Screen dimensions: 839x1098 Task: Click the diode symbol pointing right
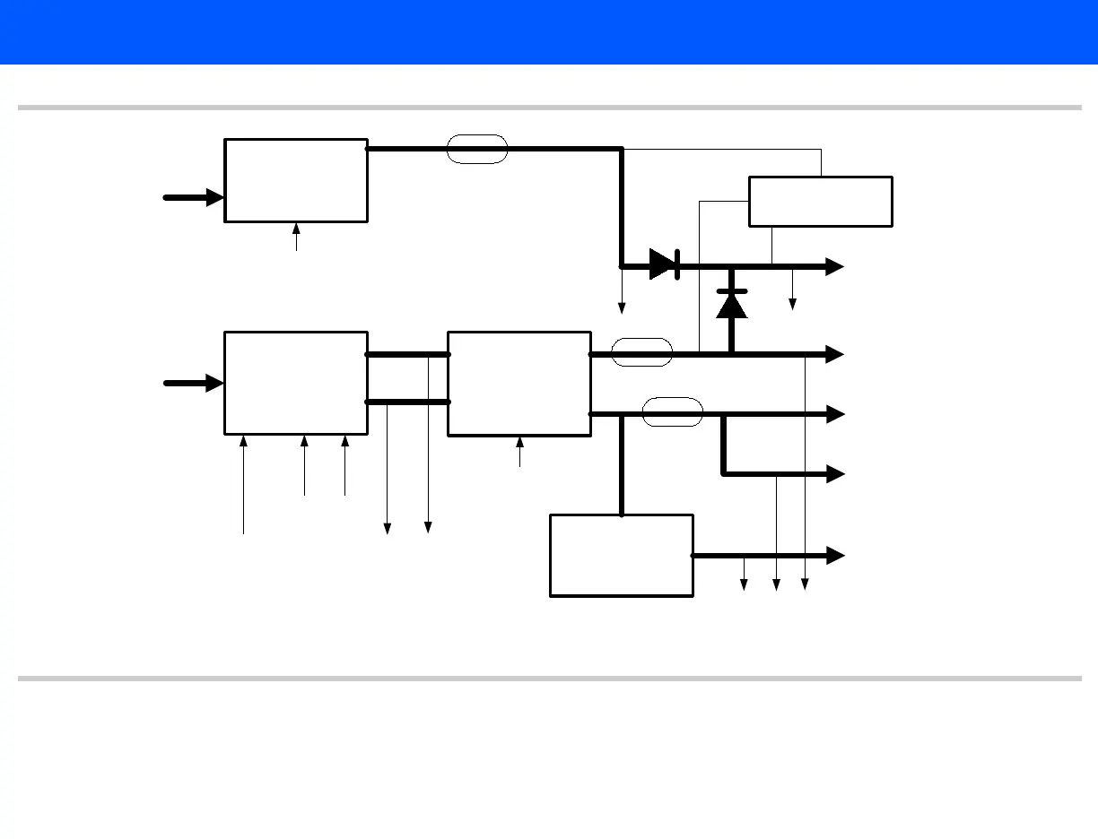pyautogui.click(x=664, y=264)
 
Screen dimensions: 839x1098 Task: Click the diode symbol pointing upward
pyautogui.click(x=732, y=305)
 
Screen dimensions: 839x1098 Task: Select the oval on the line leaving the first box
pyautogui.click(x=477, y=149)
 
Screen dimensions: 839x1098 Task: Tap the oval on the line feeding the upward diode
pyautogui.click(x=641, y=352)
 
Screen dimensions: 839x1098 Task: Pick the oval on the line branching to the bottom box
pyautogui.click(x=673, y=411)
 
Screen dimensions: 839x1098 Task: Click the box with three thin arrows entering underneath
pyautogui.click(x=296, y=383)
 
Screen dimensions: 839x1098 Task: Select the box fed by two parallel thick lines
pyautogui.click(x=519, y=384)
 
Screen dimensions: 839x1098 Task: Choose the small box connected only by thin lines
pyautogui.click(x=820, y=202)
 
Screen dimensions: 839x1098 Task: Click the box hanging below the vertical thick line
pyautogui.click(x=621, y=555)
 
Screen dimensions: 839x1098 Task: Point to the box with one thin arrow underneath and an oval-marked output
pyautogui.click(x=296, y=180)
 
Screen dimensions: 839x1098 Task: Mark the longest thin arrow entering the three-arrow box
pyautogui.click(x=243, y=484)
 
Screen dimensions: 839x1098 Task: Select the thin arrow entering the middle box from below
pyautogui.click(x=519, y=452)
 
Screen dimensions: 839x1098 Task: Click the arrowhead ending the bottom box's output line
pyautogui.click(x=835, y=556)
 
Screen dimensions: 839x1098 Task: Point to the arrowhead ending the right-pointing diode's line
pyautogui.click(x=835, y=265)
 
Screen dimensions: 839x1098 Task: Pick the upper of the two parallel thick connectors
pyautogui.click(x=407, y=354)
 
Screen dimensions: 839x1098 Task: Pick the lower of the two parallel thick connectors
pyautogui.click(x=407, y=402)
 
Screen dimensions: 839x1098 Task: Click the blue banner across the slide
pyautogui.click(x=549, y=32)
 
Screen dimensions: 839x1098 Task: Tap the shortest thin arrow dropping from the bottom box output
pyautogui.click(x=744, y=574)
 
